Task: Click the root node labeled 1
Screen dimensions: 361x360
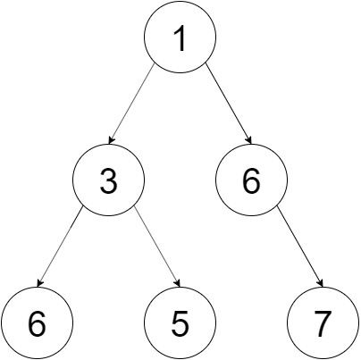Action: (x=180, y=37)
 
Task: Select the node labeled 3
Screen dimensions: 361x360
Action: (x=108, y=180)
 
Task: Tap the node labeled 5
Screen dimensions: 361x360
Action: (x=180, y=322)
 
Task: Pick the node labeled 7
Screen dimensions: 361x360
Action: (x=323, y=322)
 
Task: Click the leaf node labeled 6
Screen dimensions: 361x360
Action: (x=37, y=322)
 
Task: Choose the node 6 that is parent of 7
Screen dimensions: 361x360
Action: (x=251, y=180)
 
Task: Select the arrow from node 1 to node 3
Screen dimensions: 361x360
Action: (x=131, y=104)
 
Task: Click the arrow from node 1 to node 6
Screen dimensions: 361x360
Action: (x=229, y=104)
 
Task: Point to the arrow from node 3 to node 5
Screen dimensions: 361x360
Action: (x=156, y=247)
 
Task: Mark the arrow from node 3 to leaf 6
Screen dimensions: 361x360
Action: (x=60, y=247)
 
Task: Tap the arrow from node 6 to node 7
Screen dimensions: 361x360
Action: (x=300, y=247)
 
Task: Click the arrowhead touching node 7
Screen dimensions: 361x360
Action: (x=321, y=283)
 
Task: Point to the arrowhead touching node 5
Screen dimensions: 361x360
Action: (x=178, y=283)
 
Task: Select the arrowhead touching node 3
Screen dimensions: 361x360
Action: (x=112, y=140)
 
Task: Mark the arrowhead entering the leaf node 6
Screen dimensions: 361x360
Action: (x=40, y=283)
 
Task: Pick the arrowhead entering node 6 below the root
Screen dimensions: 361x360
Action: (x=249, y=140)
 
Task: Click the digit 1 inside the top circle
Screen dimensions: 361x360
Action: (x=180, y=38)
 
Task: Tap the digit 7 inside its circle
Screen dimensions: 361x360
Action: (x=323, y=323)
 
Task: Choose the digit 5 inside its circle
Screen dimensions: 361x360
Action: (x=180, y=323)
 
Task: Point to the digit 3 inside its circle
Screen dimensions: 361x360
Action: (x=108, y=180)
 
